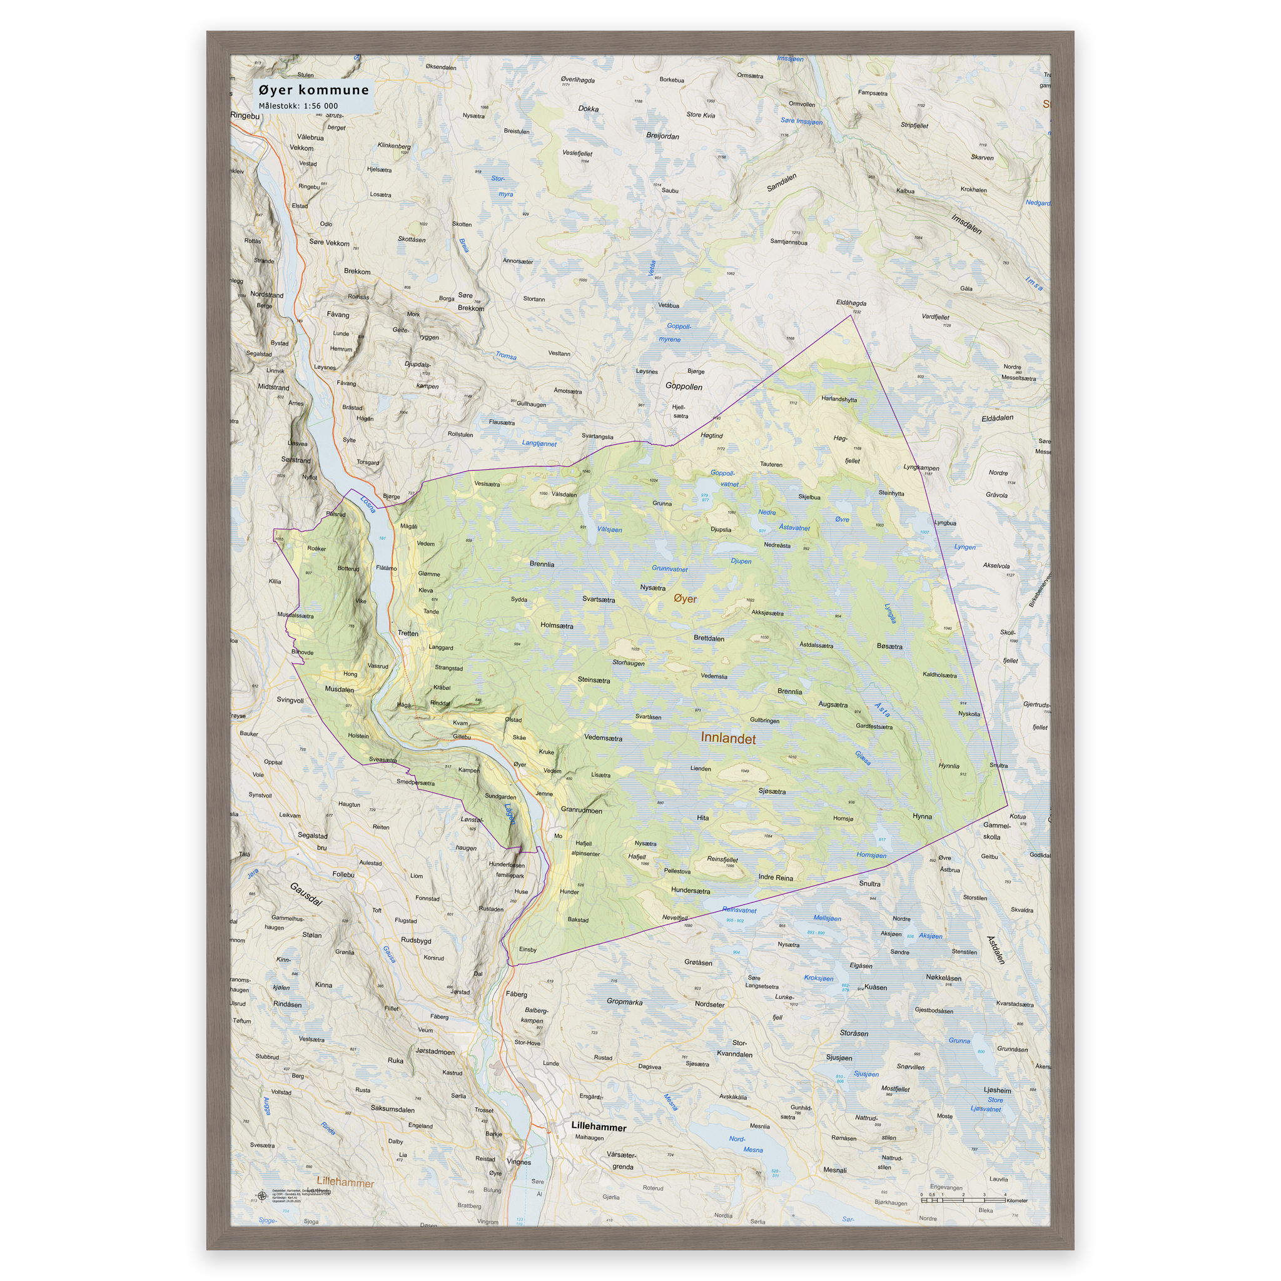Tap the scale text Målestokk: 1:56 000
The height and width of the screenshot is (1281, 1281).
coord(298,106)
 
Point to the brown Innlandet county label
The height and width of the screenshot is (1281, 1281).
coord(728,739)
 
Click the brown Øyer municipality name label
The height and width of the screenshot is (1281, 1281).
coord(686,599)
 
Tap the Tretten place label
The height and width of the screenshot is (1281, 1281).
coord(408,633)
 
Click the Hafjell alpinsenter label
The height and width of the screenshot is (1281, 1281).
coord(583,849)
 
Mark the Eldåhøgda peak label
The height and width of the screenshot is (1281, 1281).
coord(851,303)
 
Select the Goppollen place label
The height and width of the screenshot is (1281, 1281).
coord(684,387)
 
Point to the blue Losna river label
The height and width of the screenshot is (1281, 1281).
coord(367,505)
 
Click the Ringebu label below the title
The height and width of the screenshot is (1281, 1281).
coord(245,115)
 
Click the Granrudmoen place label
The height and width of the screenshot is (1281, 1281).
coord(581,810)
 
